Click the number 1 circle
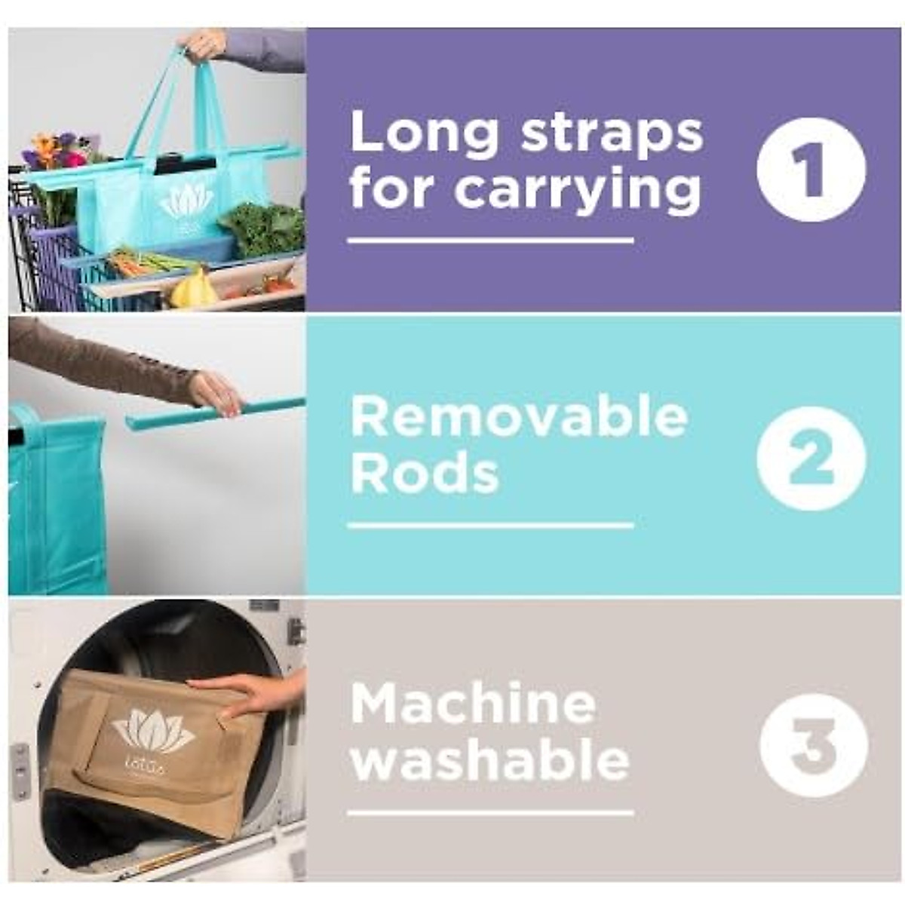[811, 169]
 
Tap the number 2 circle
[811, 458]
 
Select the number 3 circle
[813, 745]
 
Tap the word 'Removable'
[520, 417]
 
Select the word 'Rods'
[425, 474]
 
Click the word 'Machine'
[473, 703]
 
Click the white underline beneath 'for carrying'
[490, 241]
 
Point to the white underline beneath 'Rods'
[490, 525]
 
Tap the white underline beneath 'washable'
[490, 813]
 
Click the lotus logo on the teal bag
[186, 201]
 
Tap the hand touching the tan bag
[249, 692]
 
